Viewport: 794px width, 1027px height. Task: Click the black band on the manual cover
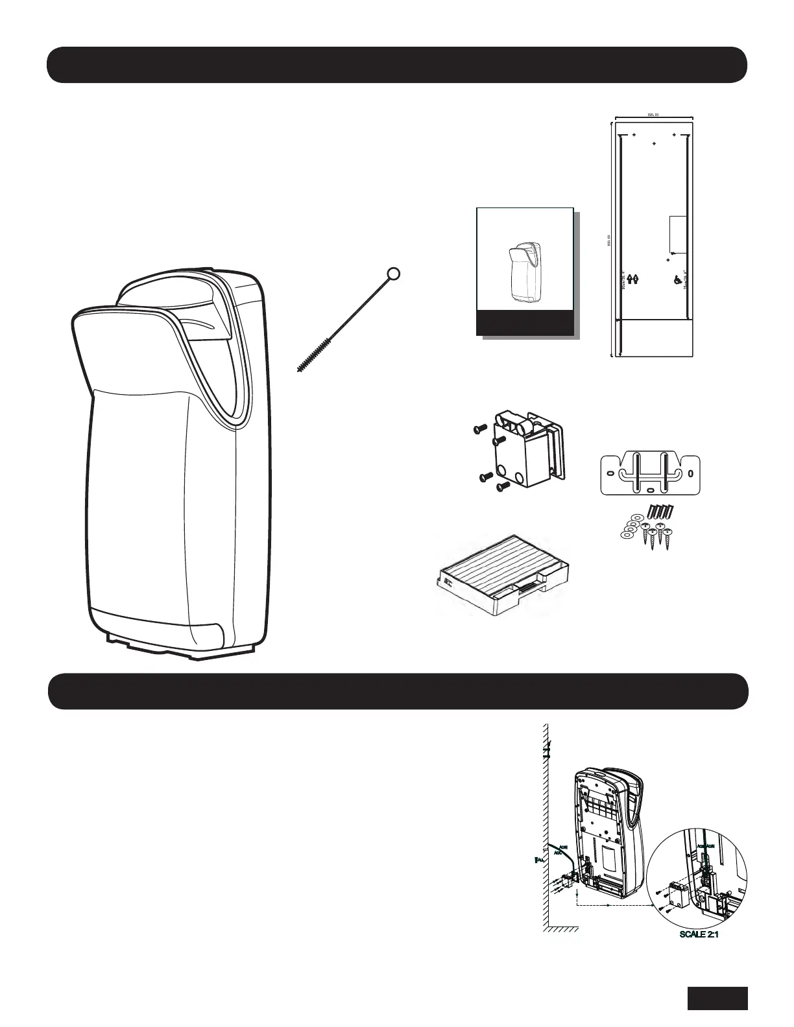524,322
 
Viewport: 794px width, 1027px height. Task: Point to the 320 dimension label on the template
653,115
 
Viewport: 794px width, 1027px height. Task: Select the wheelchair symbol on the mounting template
677,279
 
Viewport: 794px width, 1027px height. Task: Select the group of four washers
631,525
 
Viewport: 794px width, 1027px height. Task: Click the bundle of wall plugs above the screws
661,509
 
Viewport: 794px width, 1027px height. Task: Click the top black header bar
397,65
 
